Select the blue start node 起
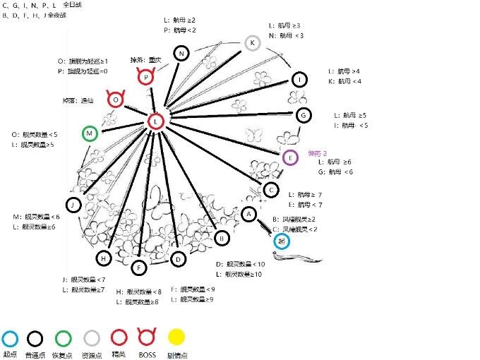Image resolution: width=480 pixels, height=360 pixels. tap(282, 241)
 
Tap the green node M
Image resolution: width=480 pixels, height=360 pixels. tap(90, 133)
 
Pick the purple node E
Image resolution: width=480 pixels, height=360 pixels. tap(289, 157)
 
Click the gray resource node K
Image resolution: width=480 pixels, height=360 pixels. tap(253, 43)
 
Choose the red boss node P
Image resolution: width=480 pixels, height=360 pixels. tap(145, 77)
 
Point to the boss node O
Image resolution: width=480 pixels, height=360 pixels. tap(116, 100)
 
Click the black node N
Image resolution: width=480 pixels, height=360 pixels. tap(182, 54)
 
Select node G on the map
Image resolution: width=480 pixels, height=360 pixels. tap(303, 114)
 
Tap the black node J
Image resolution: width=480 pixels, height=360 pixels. tap(73, 205)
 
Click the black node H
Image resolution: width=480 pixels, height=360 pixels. tap(104, 259)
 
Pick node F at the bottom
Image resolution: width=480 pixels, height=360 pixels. tap(139, 267)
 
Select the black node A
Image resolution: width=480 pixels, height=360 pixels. tap(248, 213)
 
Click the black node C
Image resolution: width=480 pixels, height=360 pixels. tap(270, 189)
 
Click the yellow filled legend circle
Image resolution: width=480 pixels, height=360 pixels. tap(176, 338)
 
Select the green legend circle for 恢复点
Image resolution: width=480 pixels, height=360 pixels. tap(64, 338)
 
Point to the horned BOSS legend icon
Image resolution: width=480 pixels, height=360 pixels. tap(148, 337)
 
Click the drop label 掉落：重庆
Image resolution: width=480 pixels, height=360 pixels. tap(146, 60)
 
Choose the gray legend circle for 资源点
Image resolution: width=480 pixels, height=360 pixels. tap(92, 338)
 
